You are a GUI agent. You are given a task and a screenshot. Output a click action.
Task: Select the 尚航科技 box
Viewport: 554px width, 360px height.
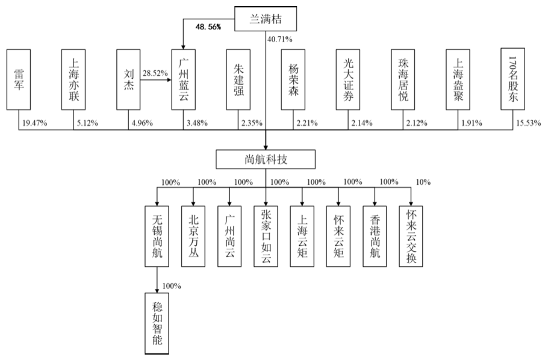coord(266,159)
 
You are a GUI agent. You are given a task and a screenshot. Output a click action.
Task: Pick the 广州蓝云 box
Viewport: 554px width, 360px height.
coord(184,79)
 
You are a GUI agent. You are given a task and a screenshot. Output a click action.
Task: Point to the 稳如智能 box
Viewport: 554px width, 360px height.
coord(157,322)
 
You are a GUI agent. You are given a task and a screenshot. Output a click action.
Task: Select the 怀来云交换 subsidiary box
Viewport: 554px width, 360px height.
coord(411,236)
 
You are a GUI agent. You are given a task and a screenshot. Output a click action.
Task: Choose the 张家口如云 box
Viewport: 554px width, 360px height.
coord(266,236)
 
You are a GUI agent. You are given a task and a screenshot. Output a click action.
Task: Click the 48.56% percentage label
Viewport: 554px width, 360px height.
coord(208,27)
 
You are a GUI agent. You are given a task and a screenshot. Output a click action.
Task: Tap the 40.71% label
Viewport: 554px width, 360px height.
coord(280,40)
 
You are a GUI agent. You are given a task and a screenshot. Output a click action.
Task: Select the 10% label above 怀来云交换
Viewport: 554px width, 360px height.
coord(423,182)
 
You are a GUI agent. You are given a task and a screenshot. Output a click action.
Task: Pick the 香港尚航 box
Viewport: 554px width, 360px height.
coord(374,236)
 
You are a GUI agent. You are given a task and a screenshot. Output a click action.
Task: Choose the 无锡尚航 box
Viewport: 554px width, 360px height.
coord(157,236)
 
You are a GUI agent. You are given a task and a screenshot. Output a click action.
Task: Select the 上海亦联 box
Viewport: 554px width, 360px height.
coord(73,79)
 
